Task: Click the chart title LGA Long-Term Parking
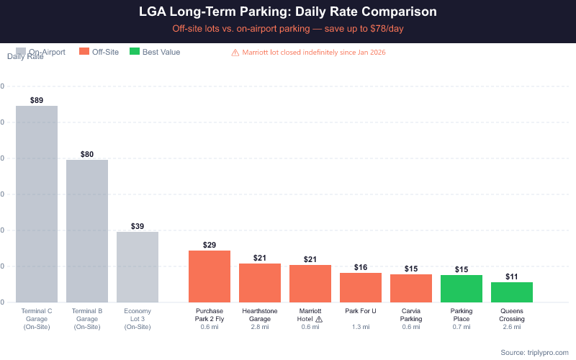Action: point(287,12)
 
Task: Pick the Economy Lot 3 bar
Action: point(138,266)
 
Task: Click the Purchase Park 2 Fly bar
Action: point(210,276)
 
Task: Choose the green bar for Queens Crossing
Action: point(512,292)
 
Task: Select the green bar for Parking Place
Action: point(462,288)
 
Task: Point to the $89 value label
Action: point(37,100)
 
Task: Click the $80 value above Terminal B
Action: point(87,154)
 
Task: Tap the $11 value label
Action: point(512,276)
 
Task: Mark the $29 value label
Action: point(210,245)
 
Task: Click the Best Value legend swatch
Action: point(134,52)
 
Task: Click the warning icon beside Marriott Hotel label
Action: point(319,319)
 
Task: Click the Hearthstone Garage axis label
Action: point(260,315)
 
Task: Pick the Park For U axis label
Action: point(361,311)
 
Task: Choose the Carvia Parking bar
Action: point(411,288)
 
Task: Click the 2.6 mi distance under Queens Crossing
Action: point(512,328)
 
